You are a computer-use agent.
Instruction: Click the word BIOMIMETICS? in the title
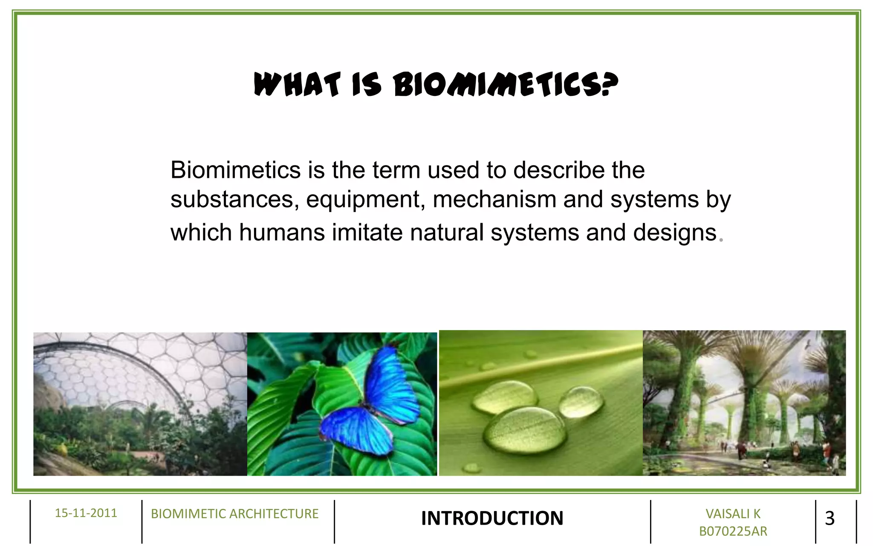coord(505,84)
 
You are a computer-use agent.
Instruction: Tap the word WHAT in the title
coord(297,84)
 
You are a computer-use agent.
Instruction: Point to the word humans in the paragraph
coord(282,233)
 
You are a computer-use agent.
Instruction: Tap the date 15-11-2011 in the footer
coord(86,513)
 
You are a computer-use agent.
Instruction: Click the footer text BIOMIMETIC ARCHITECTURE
coord(234,514)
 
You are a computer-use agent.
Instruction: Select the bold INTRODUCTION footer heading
coord(492,518)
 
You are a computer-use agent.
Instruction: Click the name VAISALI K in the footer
coord(733,514)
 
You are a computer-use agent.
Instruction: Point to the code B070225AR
coord(733,531)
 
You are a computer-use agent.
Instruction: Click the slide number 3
coord(830,518)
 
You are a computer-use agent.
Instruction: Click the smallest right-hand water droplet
coord(581,401)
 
